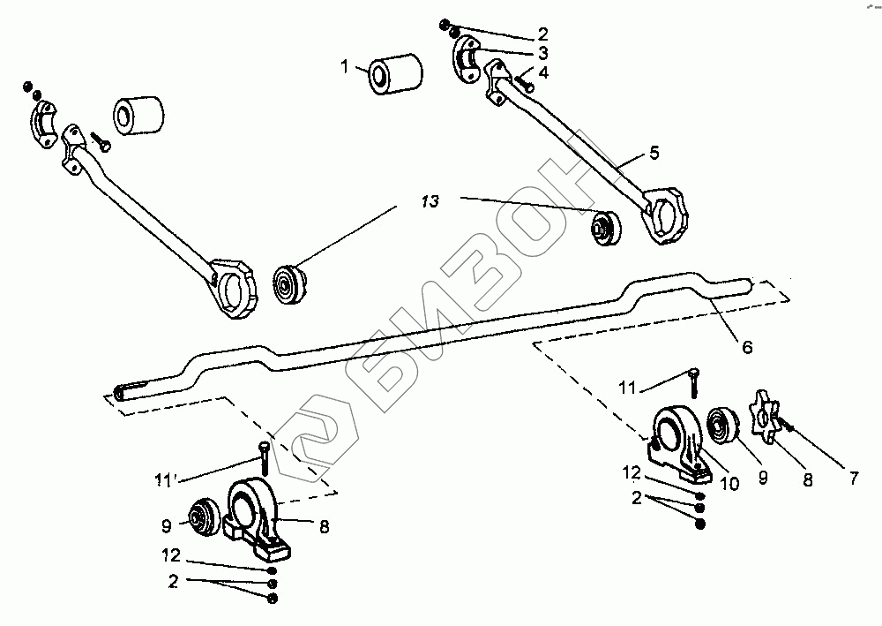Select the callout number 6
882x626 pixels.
click(747, 347)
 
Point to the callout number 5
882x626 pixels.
click(654, 152)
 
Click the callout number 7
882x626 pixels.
click(853, 479)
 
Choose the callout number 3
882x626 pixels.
click(542, 54)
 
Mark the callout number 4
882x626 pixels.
click(542, 73)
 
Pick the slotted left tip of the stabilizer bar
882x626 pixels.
click(128, 388)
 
